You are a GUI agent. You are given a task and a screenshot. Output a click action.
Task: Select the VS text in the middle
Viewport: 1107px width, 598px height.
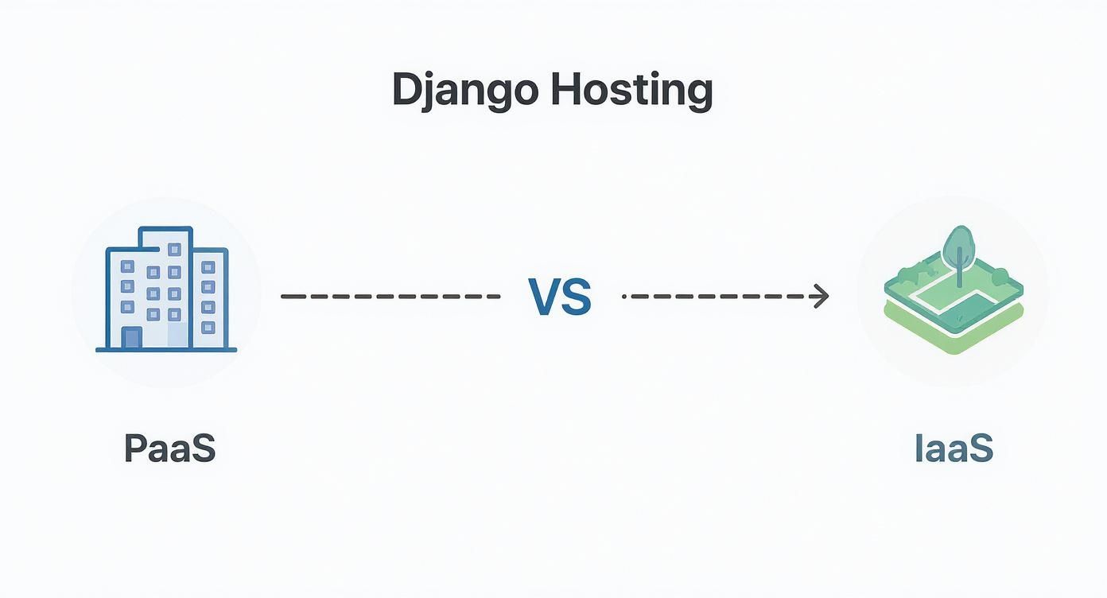coord(560,297)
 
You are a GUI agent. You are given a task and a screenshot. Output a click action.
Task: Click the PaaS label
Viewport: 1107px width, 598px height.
coord(170,448)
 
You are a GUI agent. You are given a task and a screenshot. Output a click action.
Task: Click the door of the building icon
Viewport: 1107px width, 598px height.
coord(132,337)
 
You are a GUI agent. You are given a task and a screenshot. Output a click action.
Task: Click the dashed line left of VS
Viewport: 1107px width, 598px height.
coord(390,297)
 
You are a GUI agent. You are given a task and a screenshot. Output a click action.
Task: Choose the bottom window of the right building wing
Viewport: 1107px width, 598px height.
coord(208,327)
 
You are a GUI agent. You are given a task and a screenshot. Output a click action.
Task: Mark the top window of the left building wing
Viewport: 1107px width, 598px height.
coord(127,265)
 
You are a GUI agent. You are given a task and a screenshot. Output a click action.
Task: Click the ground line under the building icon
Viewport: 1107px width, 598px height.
coord(166,349)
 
